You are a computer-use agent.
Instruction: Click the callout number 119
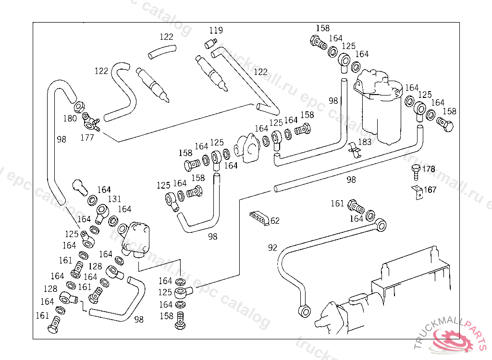coord(216,30)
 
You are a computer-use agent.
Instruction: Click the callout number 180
coord(70,118)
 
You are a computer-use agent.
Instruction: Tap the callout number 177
coord(86,137)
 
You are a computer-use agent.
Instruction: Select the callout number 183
coord(365,142)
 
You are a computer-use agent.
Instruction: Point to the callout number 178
coord(429,169)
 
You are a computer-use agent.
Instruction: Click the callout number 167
coord(430,190)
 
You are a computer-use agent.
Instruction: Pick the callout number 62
coord(274,221)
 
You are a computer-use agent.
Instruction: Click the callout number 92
coord(272,248)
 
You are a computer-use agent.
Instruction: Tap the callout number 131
coord(114,199)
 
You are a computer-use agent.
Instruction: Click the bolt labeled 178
coord(416,170)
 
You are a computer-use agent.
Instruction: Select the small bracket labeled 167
coord(417,191)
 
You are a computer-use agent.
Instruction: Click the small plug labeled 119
coord(209,44)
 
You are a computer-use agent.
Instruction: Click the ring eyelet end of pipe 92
coord(381,224)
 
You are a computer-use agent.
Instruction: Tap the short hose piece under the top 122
coord(162,50)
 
